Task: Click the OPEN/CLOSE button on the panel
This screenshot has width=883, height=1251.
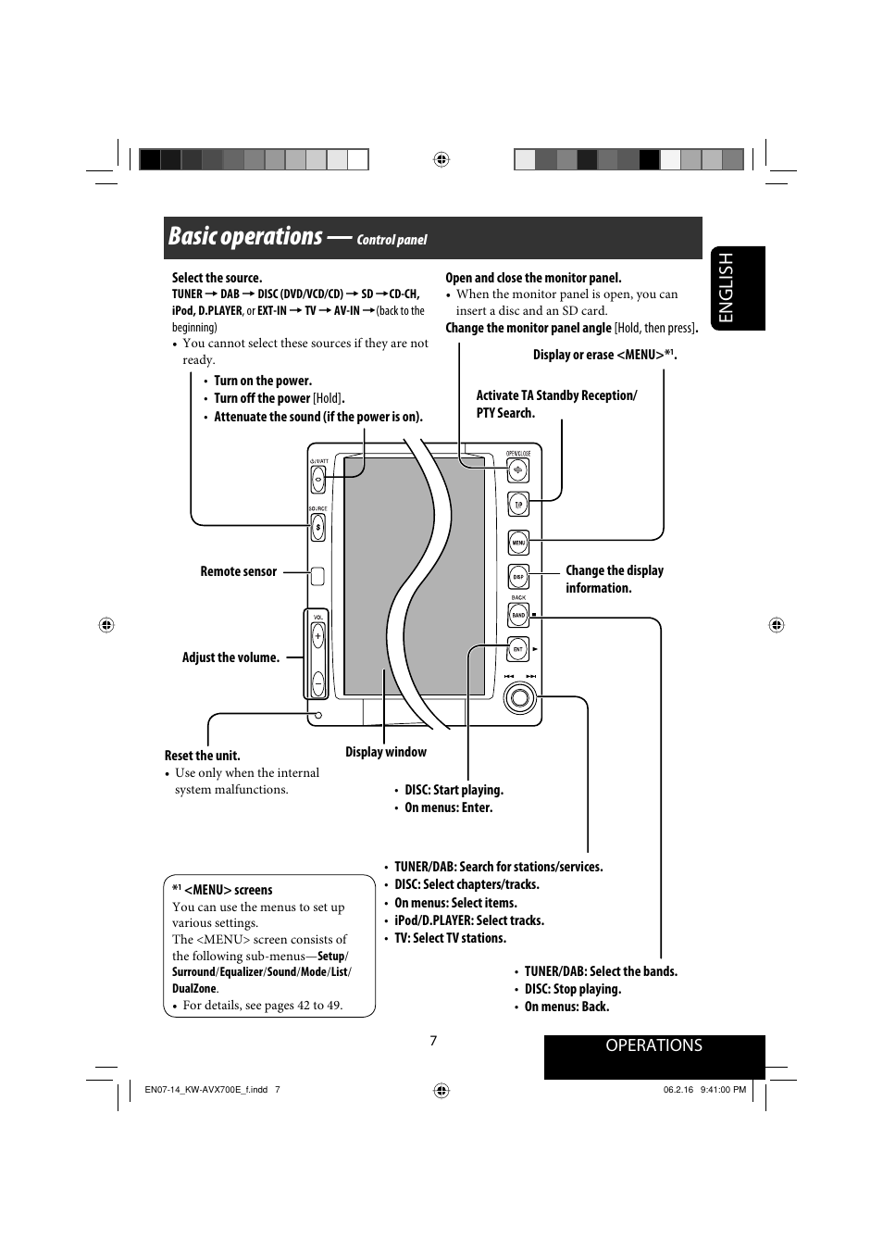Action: pyautogui.click(x=518, y=470)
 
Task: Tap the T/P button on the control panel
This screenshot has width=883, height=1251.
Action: pyautogui.click(x=518, y=505)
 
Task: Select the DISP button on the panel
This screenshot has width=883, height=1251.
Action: pyautogui.click(x=518, y=577)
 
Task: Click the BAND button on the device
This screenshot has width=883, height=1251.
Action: pyautogui.click(x=518, y=615)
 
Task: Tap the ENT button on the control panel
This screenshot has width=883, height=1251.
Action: pyautogui.click(x=518, y=650)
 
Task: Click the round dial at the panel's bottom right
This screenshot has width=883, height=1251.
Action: pyautogui.click(x=520, y=698)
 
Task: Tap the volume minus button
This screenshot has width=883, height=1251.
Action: pyautogui.click(x=317, y=683)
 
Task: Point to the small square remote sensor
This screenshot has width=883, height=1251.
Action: pyautogui.click(x=317, y=576)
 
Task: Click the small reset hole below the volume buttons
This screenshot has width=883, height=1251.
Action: pyautogui.click(x=317, y=715)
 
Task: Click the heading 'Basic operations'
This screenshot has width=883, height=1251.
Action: pyautogui.click(x=245, y=237)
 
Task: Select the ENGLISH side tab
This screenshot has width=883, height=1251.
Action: pyautogui.click(x=738, y=288)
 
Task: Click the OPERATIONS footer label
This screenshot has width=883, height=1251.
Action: pyautogui.click(x=653, y=1045)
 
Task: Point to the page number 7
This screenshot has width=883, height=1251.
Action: pyautogui.click(x=433, y=1041)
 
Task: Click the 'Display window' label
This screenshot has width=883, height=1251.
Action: pyautogui.click(x=386, y=752)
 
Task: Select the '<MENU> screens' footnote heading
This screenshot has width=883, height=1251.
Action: pyautogui.click(x=228, y=890)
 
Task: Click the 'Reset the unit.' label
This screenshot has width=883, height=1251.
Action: pyautogui.click(x=202, y=756)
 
